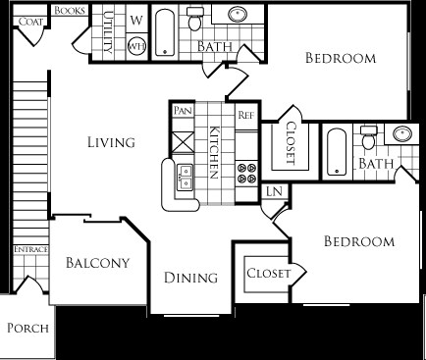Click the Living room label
(111, 142)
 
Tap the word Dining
(190, 278)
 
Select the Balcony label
(97, 263)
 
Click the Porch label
(27, 328)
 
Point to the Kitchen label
(214, 152)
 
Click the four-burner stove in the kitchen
(246, 174)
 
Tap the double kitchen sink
(185, 177)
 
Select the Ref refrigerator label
(246, 115)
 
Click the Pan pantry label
(183, 110)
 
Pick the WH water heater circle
(136, 46)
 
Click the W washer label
(136, 21)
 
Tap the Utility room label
(108, 32)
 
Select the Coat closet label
(30, 22)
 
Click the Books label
(70, 11)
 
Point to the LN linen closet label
(274, 191)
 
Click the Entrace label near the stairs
(30, 249)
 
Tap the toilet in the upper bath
(195, 19)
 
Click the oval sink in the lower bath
(402, 133)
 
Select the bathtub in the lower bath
(337, 152)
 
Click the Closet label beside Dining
(268, 273)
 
